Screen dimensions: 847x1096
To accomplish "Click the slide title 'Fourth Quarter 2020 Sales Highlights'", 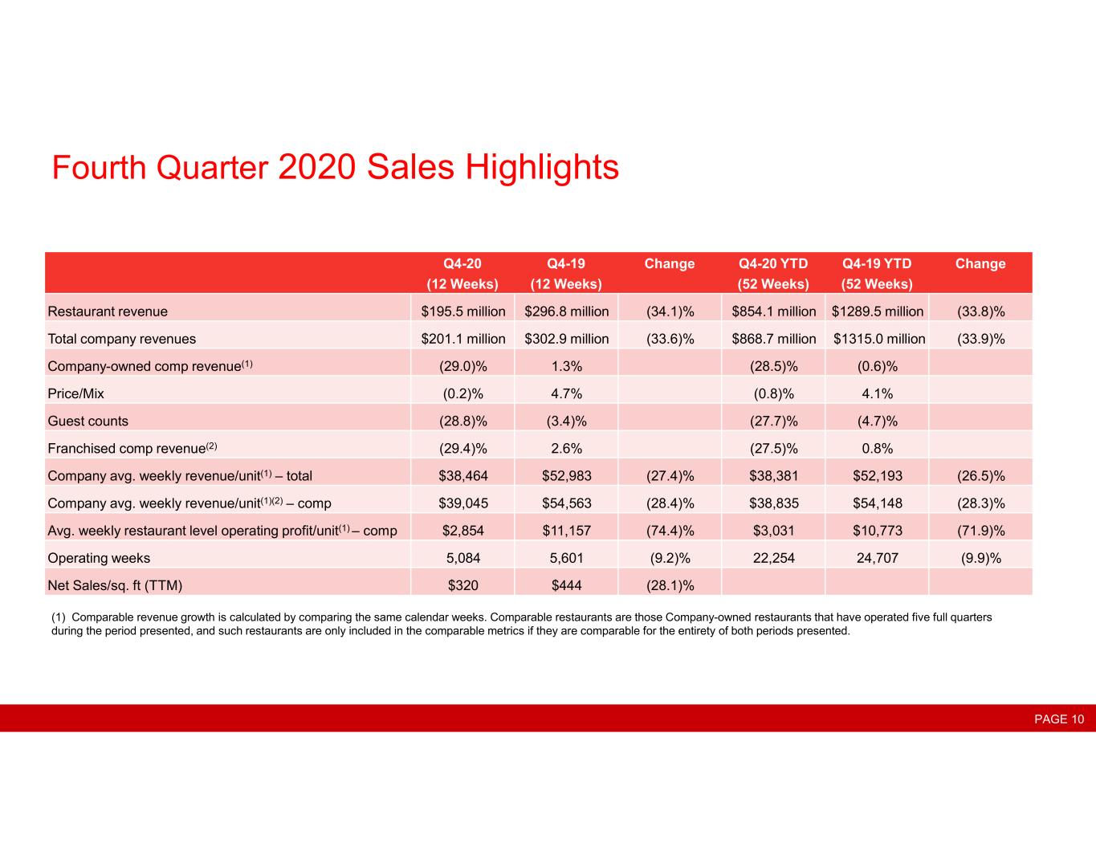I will point(335,167).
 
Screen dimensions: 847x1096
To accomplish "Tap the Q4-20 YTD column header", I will point(773,273).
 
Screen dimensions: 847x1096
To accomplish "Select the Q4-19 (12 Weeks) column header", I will point(566,273).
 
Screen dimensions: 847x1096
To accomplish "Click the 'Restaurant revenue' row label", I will point(108,312).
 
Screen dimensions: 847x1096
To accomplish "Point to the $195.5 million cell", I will point(463,312).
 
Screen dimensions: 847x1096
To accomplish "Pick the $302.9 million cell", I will point(566,339).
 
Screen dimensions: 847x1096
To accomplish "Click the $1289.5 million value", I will point(877,312).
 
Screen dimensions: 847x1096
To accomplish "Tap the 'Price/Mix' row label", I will point(75,393).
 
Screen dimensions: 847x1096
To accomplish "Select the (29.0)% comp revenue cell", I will point(463,366).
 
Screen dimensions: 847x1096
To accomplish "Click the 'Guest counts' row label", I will point(88,421).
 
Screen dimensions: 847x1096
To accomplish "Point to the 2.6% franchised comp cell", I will point(566,448).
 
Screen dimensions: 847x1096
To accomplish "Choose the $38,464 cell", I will point(463,475).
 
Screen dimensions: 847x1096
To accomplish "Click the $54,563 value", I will point(566,503).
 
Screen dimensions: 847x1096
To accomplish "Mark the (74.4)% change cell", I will point(670,530).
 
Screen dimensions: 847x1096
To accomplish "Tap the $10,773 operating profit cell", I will point(877,530).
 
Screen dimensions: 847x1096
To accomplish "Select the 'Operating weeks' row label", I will point(99,558).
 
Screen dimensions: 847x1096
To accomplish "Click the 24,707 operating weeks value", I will point(877,558).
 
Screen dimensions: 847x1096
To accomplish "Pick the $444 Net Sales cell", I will point(566,585).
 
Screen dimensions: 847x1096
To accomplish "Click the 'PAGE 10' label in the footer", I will point(1059,719).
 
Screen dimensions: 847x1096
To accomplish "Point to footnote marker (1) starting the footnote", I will point(58,617).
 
